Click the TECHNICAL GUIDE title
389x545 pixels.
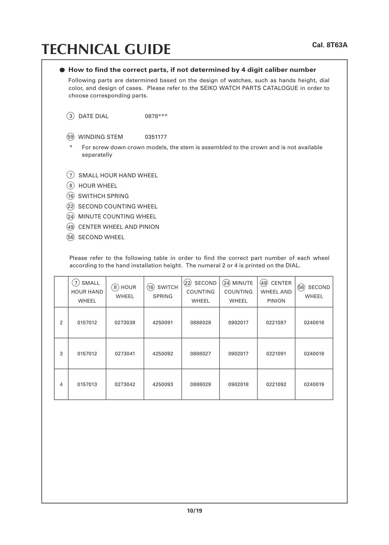tap(106, 49)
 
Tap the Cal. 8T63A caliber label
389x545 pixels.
tap(330, 45)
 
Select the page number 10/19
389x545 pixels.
tap(194, 511)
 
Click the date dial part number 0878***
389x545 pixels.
tap(156, 116)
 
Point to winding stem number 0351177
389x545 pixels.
tap(156, 137)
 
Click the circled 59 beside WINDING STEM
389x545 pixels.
tap(70, 137)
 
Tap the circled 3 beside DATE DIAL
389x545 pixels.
tap(70, 116)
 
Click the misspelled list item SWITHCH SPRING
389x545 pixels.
tap(103, 196)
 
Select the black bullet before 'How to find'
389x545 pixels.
tap(62, 70)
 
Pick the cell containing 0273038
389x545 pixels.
tap(125, 323)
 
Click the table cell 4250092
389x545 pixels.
tap(163, 353)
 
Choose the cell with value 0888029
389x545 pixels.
tap(200, 384)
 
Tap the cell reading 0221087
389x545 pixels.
tap(276, 323)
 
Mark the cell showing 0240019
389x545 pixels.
tap(314, 384)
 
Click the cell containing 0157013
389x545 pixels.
tap(87, 384)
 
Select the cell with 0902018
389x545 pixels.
tap(238, 384)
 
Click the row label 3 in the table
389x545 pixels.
tap(61, 353)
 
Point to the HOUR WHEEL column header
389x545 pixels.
tap(125, 292)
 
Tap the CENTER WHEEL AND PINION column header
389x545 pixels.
tap(276, 292)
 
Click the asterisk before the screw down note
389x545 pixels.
tap(71, 147)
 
